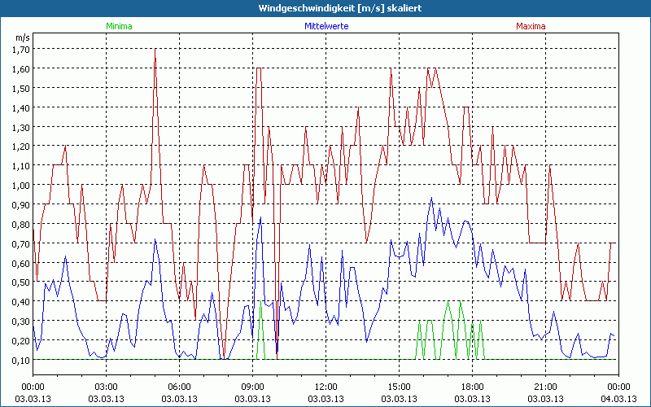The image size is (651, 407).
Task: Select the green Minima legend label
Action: click(118, 26)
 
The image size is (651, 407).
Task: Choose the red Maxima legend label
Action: click(531, 26)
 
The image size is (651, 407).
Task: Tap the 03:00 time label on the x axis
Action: click(106, 387)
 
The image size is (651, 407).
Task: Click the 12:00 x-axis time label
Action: click(325, 387)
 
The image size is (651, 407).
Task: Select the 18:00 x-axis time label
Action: click(472, 387)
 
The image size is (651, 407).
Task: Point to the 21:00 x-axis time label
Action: click(545, 387)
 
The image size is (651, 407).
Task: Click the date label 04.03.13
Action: click(618, 398)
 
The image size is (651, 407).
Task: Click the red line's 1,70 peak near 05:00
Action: click(155, 49)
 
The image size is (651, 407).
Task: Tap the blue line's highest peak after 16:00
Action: click(432, 198)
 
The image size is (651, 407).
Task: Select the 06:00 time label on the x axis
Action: click(179, 387)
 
